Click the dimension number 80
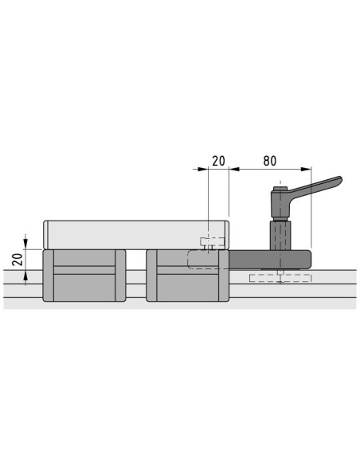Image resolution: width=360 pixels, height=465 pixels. click(269, 161)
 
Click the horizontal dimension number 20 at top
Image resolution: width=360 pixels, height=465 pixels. click(218, 161)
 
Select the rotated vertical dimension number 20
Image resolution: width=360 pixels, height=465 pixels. click(18, 260)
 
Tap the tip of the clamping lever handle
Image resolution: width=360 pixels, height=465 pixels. click(341, 178)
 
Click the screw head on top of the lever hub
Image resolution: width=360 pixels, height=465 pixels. click(280, 189)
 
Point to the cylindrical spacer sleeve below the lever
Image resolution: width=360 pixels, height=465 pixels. click(280, 236)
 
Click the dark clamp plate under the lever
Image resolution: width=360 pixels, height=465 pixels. click(270, 260)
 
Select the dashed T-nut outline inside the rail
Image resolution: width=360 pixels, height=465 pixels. click(280, 278)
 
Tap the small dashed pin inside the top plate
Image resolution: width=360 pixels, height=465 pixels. click(213, 242)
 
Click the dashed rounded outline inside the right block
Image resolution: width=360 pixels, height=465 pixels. click(204, 260)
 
